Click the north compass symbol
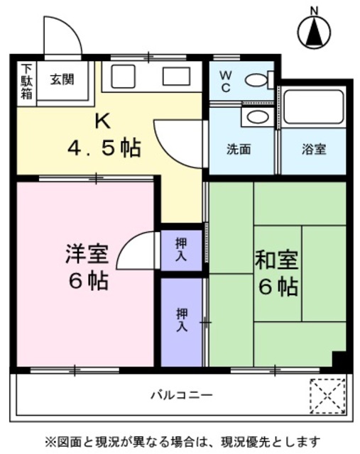pos(312,31)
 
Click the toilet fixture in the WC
pos(259,81)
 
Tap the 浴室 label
pos(313,150)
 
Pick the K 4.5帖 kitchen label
pos(103,136)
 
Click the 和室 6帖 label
pos(278,274)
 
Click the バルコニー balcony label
pos(180,394)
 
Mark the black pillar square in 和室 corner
pos(339,360)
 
